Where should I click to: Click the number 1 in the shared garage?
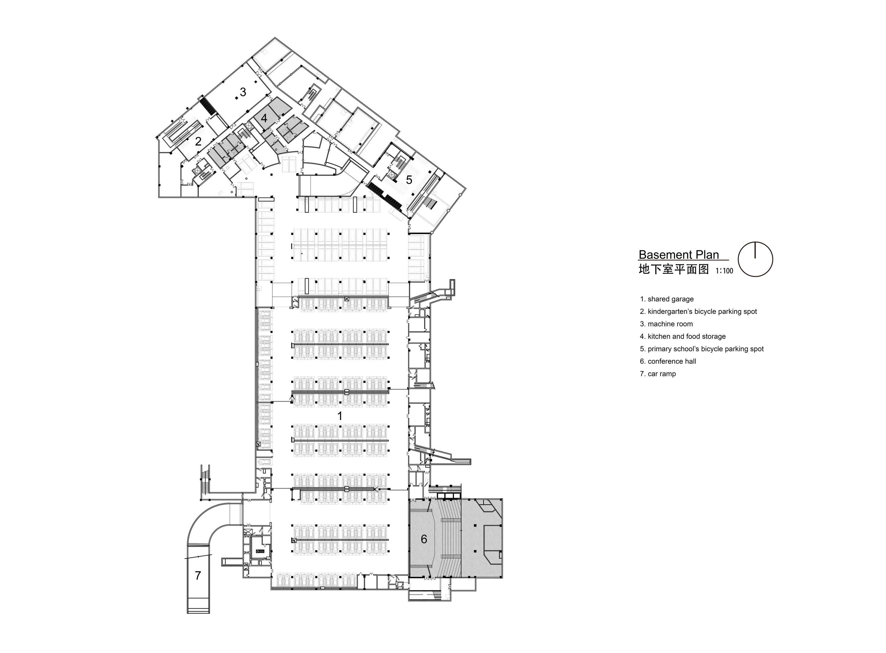click(x=339, y=416)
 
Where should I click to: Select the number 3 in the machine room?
click(x=243, y=92)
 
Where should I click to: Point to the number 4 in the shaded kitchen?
click(x=264, y=118)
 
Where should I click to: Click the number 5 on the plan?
click(x=409, y=180)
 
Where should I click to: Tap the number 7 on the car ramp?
click(x=198, y=576)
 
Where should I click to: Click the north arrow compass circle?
click(x=755, y=259)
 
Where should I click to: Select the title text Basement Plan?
click(x=679, y=254)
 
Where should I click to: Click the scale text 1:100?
click(x=724, y=271)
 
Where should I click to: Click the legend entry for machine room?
click(x=666, y=324)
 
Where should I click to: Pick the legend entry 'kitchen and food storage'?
click(x=683, y=336)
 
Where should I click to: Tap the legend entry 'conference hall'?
click(x=668, y=361)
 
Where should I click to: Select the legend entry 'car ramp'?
click(x=658, y=374)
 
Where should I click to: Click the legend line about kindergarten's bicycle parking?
click(x=698, y=312)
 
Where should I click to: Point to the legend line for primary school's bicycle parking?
click(x=702, y=349)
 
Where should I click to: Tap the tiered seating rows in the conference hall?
click(x=450, y=538)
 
